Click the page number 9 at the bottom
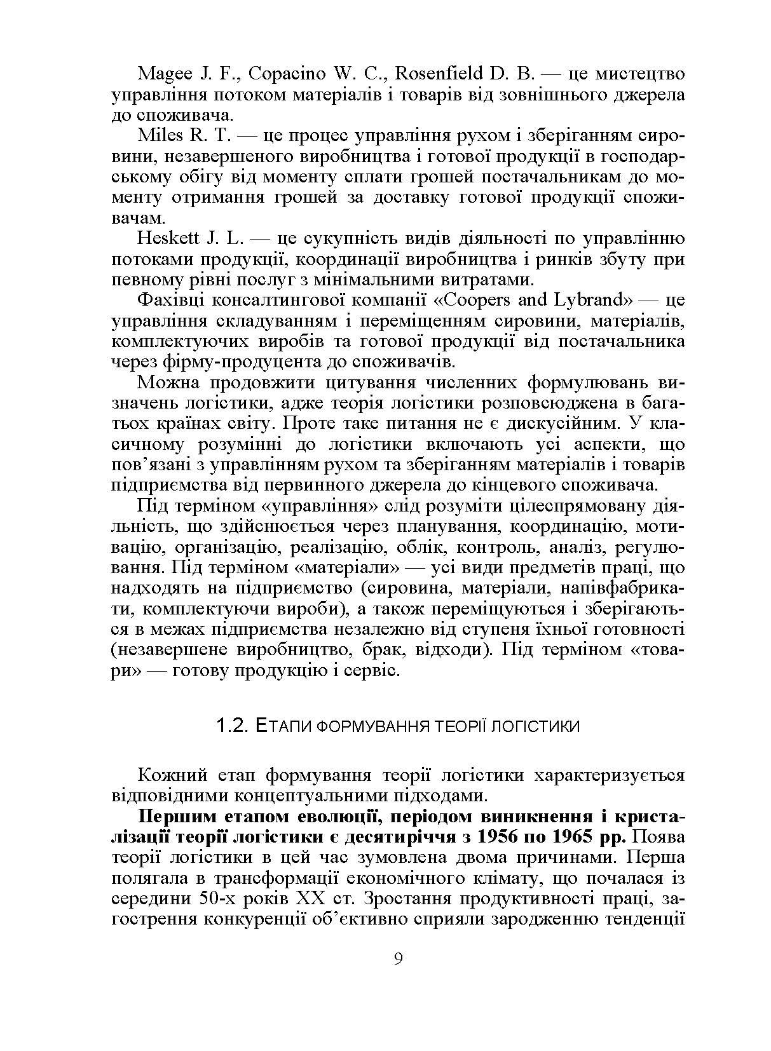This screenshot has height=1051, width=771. [x=399, y=958]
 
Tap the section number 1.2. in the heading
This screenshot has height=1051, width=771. [x=231, y=725]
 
